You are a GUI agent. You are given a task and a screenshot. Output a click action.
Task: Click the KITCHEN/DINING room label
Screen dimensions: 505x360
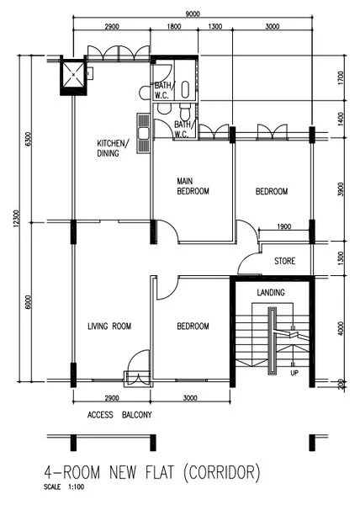point(113,149)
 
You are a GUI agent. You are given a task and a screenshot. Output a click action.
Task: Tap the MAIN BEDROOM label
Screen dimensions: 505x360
point(193,186)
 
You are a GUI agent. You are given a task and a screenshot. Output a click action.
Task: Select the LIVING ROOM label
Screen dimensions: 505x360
point(111,327)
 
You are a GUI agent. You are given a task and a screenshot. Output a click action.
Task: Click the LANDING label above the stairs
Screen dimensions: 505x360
point(271,293)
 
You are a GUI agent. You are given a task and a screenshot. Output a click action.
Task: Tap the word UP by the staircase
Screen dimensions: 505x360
point(294,372)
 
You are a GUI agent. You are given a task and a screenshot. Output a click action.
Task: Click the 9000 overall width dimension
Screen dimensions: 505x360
point(192,13)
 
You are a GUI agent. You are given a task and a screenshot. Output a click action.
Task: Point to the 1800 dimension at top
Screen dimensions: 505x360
point(173,27)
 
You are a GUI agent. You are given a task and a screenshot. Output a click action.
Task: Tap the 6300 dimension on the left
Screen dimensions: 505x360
point(28,140)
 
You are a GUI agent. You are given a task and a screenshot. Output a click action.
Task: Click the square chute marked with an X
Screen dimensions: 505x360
point(73,77)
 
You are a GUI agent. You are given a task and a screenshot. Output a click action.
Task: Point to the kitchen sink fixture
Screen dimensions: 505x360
point(143,134)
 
